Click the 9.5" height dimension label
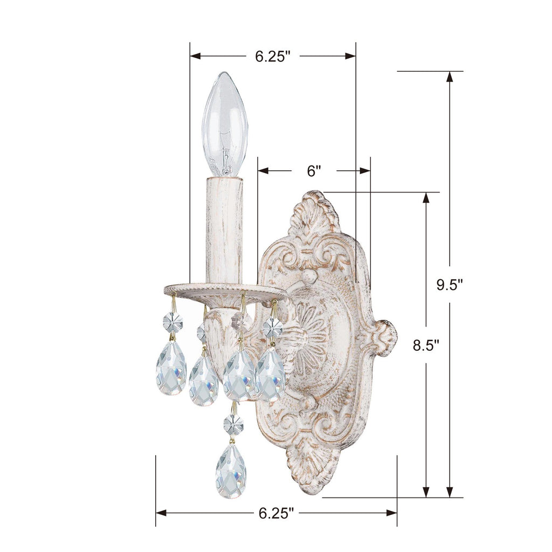(x=450, y=285)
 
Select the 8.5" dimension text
(x=426, y=346)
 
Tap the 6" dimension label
(x=314, y=171)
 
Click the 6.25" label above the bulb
(x=273, y=56)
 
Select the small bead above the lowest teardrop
(x=233, y=424)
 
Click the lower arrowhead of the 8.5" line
(x=426, y=491)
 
